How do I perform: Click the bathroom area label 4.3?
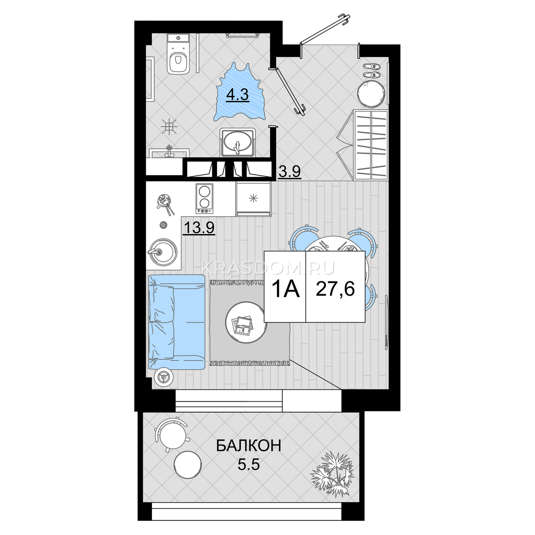pos(237,95)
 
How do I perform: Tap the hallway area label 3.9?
pos(289,172)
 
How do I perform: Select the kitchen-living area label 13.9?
pos(199,228)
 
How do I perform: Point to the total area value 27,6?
pos(335,289)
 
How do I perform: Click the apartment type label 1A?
pos(286,289)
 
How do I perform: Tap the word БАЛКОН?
pos(248,445)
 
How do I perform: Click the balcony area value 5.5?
pos(248,464)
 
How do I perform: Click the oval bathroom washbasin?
pos(237,142)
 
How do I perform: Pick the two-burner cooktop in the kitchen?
pos(205,198)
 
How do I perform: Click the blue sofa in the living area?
pos(177,322)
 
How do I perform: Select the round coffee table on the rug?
pos(246,322)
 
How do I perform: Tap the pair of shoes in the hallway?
pos(372,70)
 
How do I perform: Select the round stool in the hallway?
pos(371,93)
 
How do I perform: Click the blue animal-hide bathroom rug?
pos(239,92)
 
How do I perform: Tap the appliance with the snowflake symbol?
pos(253,198)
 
